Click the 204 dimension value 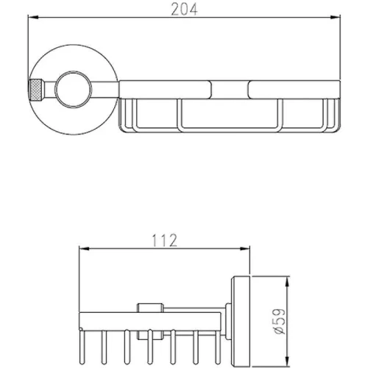(184, 10)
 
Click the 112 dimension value (164, 241)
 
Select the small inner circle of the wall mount (73, 90)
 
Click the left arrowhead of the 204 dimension (33, 18)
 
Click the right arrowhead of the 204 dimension (335, 17)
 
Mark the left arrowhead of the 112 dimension (84, 249)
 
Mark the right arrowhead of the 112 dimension (244, 249)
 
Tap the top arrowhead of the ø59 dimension (287, 281)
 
